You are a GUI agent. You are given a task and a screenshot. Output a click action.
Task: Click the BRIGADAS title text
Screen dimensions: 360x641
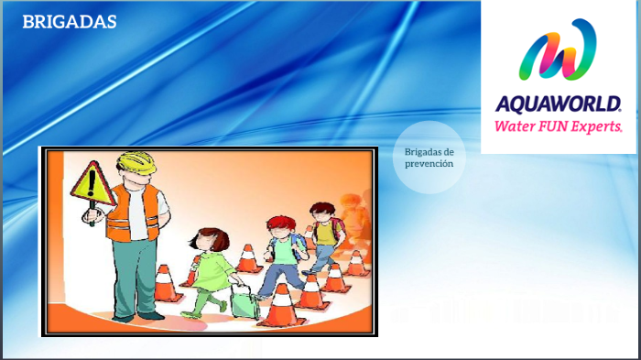click(70, 22)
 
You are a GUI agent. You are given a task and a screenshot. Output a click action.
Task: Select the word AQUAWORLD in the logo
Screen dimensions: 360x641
click(558, 104)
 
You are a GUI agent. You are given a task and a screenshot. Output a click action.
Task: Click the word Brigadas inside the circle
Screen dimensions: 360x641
click(429, 151)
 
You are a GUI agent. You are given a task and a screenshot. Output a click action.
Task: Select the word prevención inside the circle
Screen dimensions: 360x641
click(429, 164)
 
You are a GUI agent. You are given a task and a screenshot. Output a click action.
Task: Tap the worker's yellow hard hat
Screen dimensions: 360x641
click(135, 164)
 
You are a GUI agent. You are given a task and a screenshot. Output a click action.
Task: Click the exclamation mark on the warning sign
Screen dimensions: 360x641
click(91, 183)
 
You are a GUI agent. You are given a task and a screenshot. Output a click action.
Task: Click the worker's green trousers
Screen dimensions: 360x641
click(135, 275)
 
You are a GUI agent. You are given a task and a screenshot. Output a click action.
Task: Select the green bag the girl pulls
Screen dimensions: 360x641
click(244, 301)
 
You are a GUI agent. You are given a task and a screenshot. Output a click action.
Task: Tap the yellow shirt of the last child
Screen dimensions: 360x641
click(325, 234)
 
